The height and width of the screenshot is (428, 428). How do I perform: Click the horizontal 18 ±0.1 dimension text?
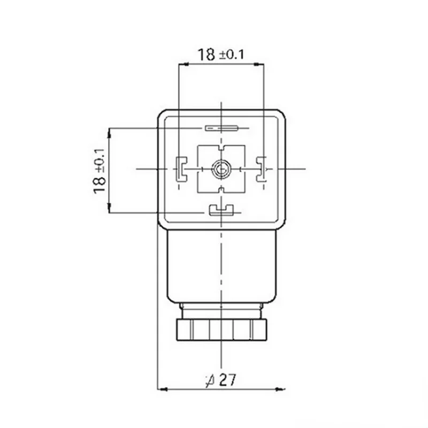220,55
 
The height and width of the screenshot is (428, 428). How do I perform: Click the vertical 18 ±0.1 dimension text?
99,171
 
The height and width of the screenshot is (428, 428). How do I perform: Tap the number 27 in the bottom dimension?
227,380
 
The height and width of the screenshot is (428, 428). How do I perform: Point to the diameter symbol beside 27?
210,381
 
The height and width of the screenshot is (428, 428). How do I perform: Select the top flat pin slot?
221,128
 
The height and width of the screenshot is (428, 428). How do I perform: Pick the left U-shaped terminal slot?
181,169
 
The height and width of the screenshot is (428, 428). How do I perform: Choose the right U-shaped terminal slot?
261,169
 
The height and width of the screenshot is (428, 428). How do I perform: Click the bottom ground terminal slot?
221,210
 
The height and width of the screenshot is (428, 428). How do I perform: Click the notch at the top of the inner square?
221,148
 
